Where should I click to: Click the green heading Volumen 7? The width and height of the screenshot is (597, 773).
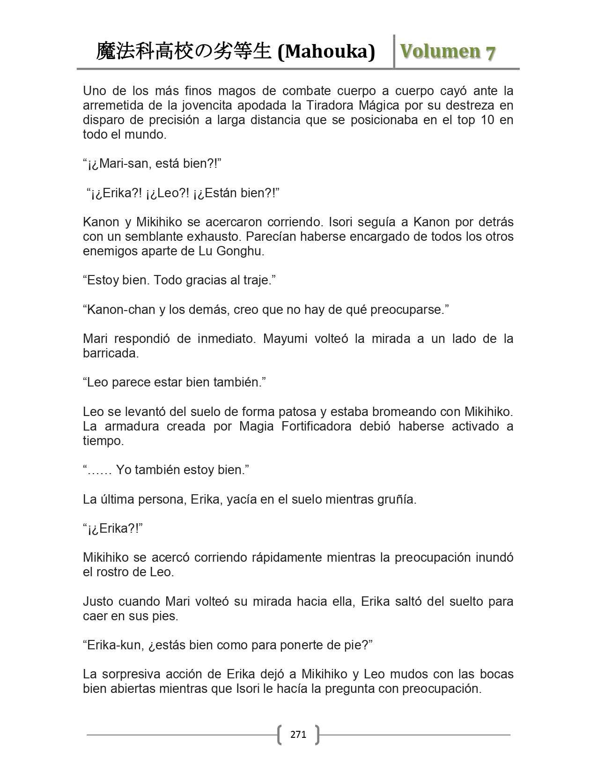[447, 52]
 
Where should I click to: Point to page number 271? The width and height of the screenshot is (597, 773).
[298, 734]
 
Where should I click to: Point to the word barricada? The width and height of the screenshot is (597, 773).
[111, 353]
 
